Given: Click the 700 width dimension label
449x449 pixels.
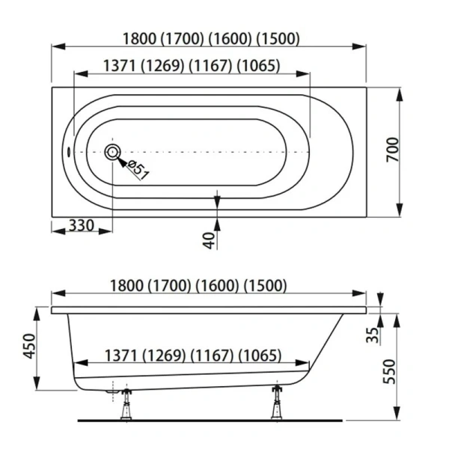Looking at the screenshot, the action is click(x=393, y=150).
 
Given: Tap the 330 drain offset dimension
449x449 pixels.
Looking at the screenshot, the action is click(x=82, y=225).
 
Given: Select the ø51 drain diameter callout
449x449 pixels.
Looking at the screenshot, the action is click(x=138, y=170).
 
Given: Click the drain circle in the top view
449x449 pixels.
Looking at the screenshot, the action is click(x=112, y=152).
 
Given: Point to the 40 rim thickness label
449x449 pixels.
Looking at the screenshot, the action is click(x=209, y=240).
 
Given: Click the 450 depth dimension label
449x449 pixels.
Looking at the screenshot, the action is click(x=30, y=346).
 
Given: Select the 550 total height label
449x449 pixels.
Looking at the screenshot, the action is click(x=389, y=371).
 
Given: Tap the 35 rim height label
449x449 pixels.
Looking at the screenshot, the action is click(x=373, y=335).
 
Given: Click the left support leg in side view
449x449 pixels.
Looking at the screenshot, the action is click(x=126, y=403).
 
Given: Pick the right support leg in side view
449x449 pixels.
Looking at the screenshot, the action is click(x=277, y=402).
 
